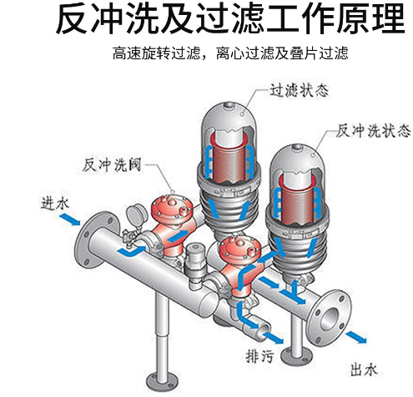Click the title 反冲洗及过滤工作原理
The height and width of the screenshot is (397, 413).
pyautogui.click(x=230, y=19)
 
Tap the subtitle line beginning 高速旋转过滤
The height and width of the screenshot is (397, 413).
pyautogui.click(x=230, y=53)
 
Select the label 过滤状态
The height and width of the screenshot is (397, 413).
pyautogui.click(x=299, y=90)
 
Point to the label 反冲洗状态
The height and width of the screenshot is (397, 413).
pyautogui.click(x=373, y=130)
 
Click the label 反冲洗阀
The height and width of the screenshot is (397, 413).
pyautogui.click(x=112, y=165)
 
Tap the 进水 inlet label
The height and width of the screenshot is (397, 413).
pyautogui.click(x=54, y=204)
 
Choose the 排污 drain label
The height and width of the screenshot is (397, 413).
pyautogui.click(x=260, y=355)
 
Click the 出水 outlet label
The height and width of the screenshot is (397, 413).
pyautogui.click(x=364, y=369)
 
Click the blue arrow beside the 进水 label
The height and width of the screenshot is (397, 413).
pyautogui.click(x=70, y=219)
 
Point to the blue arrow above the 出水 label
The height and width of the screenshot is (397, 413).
pyautogui.click(x=356, y=337)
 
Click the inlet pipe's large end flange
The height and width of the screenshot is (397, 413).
pyautogui.click(x=93, y=240)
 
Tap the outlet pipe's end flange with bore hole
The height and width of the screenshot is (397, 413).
pyautogui.click(x=329, y=317)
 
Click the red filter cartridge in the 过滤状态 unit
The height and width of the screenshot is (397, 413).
pyautogui.click(x=229, y=158)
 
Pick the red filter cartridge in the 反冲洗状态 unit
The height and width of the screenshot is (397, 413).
pyautogui.click(x=298, y=199)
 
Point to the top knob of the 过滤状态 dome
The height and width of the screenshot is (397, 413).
pyautogui.click(x=229, y=105)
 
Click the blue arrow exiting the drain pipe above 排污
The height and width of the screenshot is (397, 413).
pyautogui.click(x=273, y=337)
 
